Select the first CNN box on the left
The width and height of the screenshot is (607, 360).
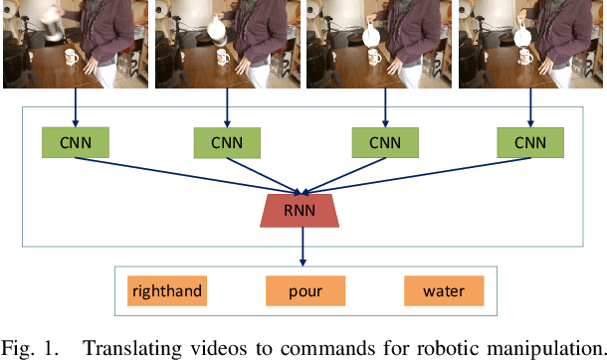pyautogui.click(x=74, y=143)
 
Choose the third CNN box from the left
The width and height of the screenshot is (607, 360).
pyautogui.click(x=385, y=143)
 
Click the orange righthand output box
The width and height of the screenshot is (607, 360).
pyautogui.click(x=166, y=291)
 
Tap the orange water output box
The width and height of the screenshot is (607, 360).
pyautogui.click(x=443, y=291)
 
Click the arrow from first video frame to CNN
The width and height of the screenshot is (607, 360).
pyautogui.click(x=74, y=108)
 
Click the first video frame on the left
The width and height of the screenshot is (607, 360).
pyautogui.click(x=76, y=44)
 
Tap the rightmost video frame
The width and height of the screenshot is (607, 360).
pyautogui.click(x=531, y=44)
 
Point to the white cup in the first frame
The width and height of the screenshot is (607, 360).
pyautogui.click(x=72, y=57)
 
